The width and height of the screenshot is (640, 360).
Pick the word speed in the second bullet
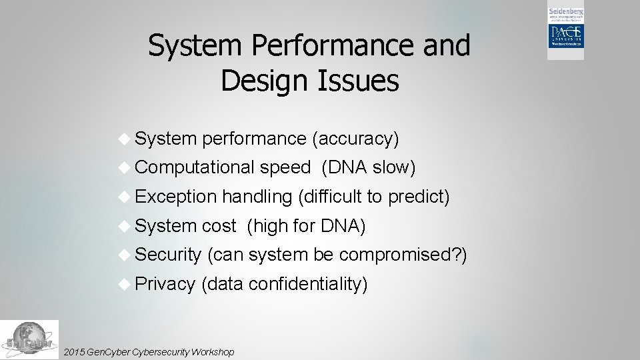285,168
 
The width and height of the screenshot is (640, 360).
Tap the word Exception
176,197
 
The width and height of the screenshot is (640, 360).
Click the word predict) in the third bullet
419,197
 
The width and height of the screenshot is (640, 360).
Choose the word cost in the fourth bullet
219,226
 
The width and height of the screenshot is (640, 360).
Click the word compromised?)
403,255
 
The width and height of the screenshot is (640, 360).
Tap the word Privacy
165,284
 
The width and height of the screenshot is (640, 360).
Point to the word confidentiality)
308,284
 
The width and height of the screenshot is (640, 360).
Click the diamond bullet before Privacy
125,283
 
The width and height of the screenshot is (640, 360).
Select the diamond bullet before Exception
125,196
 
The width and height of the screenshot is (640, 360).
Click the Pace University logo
565,34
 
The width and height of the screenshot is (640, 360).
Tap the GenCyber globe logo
29,340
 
